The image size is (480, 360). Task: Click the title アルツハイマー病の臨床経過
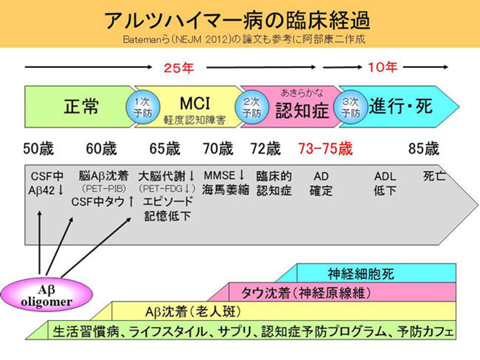coord(239,19)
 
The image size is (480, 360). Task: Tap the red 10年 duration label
coord(382,67)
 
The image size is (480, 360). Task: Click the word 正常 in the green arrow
coord(81,107)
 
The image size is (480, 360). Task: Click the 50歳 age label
coord(39,148)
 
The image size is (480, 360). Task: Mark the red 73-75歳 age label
coord(326,148)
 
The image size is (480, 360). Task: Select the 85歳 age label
coord(423,148)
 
